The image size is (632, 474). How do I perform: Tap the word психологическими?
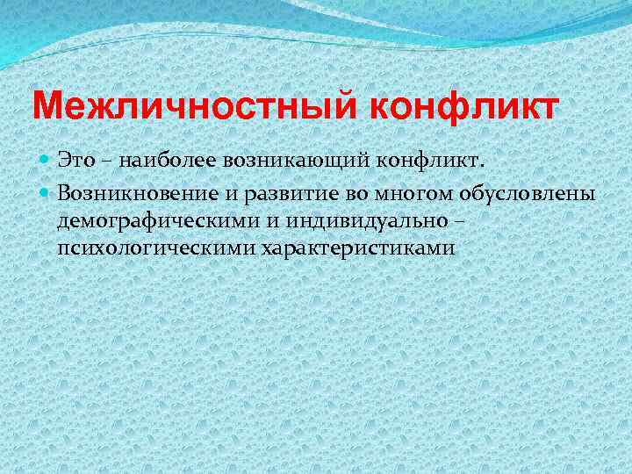pos(154,248)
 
